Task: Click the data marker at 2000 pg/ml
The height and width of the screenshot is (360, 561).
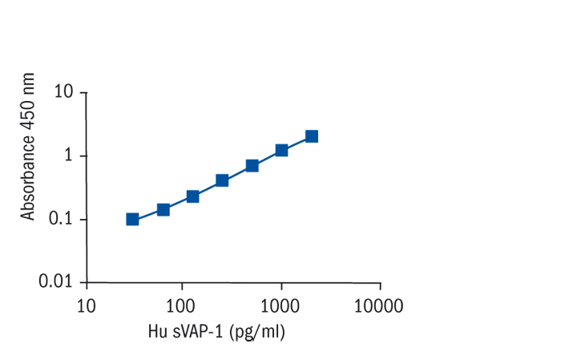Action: tap(312, 136)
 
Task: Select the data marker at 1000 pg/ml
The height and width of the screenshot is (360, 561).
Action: tap(281, 150)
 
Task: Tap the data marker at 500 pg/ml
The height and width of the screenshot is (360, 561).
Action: tap(252, 165)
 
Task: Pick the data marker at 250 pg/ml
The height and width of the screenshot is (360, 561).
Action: tap(222, 180)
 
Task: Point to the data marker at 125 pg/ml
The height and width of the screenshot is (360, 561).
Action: tap(192, 196)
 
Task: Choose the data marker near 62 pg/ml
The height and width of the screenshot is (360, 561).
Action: tap(163, 210)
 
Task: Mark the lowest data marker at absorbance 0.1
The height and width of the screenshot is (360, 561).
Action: tap(132, 219)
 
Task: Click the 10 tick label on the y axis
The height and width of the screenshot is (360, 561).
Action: tap(65, 92)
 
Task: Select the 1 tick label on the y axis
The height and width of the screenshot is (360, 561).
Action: tap(70, 156)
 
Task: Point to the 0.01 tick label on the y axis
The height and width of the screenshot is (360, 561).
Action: tap(56, 282)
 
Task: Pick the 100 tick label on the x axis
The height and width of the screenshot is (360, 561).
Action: tap(182, 305)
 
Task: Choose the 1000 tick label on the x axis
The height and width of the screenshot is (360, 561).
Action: tap(280, 305)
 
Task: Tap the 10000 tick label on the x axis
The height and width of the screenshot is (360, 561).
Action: tap(378, 305)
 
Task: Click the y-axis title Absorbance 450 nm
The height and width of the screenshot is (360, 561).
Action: tap(30, 146)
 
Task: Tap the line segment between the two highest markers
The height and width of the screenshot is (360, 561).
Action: tap(297, 144)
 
